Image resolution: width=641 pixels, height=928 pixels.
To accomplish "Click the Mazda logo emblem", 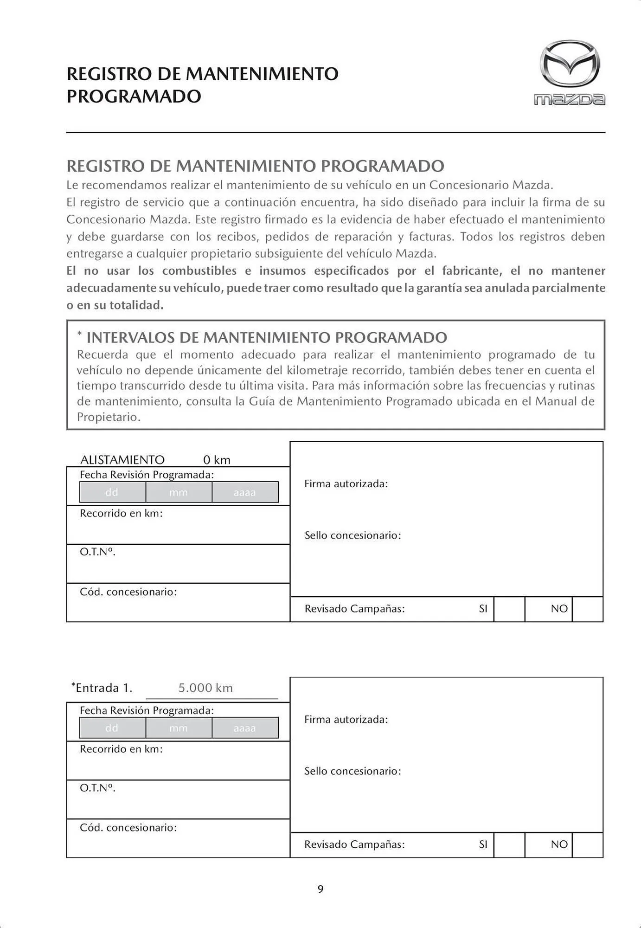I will [x=570, y=64].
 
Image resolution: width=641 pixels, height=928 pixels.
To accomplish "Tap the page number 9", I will [x=320, y=889].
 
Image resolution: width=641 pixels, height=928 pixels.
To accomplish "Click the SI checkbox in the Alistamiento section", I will [x=509, y=609].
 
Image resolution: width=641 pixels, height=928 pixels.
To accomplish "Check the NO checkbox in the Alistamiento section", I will [x=588, y=609].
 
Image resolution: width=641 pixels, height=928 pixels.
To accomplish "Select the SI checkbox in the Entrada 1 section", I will [x=509, y=844].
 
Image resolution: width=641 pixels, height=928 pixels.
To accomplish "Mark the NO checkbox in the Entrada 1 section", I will [x=588, y=844].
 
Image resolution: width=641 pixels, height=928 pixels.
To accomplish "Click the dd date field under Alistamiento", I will [x=112, y=492].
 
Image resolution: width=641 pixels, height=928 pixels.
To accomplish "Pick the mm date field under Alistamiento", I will [x=179, y=492].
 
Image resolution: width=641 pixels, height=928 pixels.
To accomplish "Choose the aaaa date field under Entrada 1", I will [x=245, y=728].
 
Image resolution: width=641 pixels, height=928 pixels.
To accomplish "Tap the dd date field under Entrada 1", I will [x=112, y=728].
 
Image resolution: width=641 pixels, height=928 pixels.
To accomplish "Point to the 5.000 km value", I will [x=205, y=688].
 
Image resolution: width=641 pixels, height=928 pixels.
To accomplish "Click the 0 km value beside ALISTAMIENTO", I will [x=217, y=460].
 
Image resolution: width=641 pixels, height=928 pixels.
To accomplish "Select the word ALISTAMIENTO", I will [x=122, y=460].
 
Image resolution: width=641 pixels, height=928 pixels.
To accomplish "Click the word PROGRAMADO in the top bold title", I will [x=134, y=97].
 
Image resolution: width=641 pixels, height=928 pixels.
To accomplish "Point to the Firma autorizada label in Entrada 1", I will [x=346, y=719].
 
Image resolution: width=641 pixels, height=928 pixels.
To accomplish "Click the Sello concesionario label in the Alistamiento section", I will [x=353, y=535].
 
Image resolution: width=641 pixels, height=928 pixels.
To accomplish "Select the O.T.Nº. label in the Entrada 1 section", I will [x=97, y=787].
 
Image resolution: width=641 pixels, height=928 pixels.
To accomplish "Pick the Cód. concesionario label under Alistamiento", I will [x=128, y=592].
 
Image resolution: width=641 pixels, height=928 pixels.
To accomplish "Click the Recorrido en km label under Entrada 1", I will [x=121, y=749].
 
